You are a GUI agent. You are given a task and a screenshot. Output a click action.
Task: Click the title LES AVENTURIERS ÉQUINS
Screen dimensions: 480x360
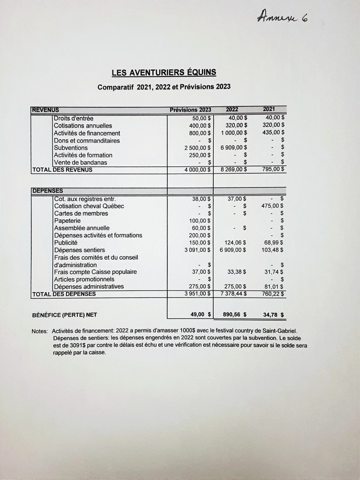tap(164, 73)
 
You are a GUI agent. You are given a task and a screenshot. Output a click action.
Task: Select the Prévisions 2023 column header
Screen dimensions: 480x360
tap(190, 110)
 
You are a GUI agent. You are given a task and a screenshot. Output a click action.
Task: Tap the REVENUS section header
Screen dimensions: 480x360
tap(45, 110)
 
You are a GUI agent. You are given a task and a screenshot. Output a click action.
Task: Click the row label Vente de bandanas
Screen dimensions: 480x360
tap(80, 162)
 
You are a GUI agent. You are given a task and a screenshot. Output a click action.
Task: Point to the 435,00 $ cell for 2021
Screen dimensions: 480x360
tap(273, 133)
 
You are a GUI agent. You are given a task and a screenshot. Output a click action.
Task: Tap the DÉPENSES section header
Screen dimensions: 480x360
tap(47, 191)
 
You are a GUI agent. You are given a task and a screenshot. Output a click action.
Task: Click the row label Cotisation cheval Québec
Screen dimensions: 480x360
tap(89, 206)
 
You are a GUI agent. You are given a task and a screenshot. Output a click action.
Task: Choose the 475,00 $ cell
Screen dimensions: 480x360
tap(273, 206)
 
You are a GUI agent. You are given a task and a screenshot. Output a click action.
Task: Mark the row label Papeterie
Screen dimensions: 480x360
tap(67, 220)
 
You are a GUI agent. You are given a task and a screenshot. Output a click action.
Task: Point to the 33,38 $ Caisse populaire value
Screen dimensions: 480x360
tap(237, 272)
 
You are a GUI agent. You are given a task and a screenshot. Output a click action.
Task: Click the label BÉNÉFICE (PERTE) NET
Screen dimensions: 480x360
tap(64, 315)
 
